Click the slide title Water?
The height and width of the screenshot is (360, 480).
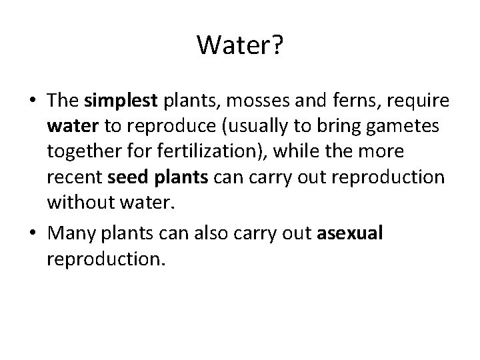239,45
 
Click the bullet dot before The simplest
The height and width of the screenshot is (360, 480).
32,101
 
